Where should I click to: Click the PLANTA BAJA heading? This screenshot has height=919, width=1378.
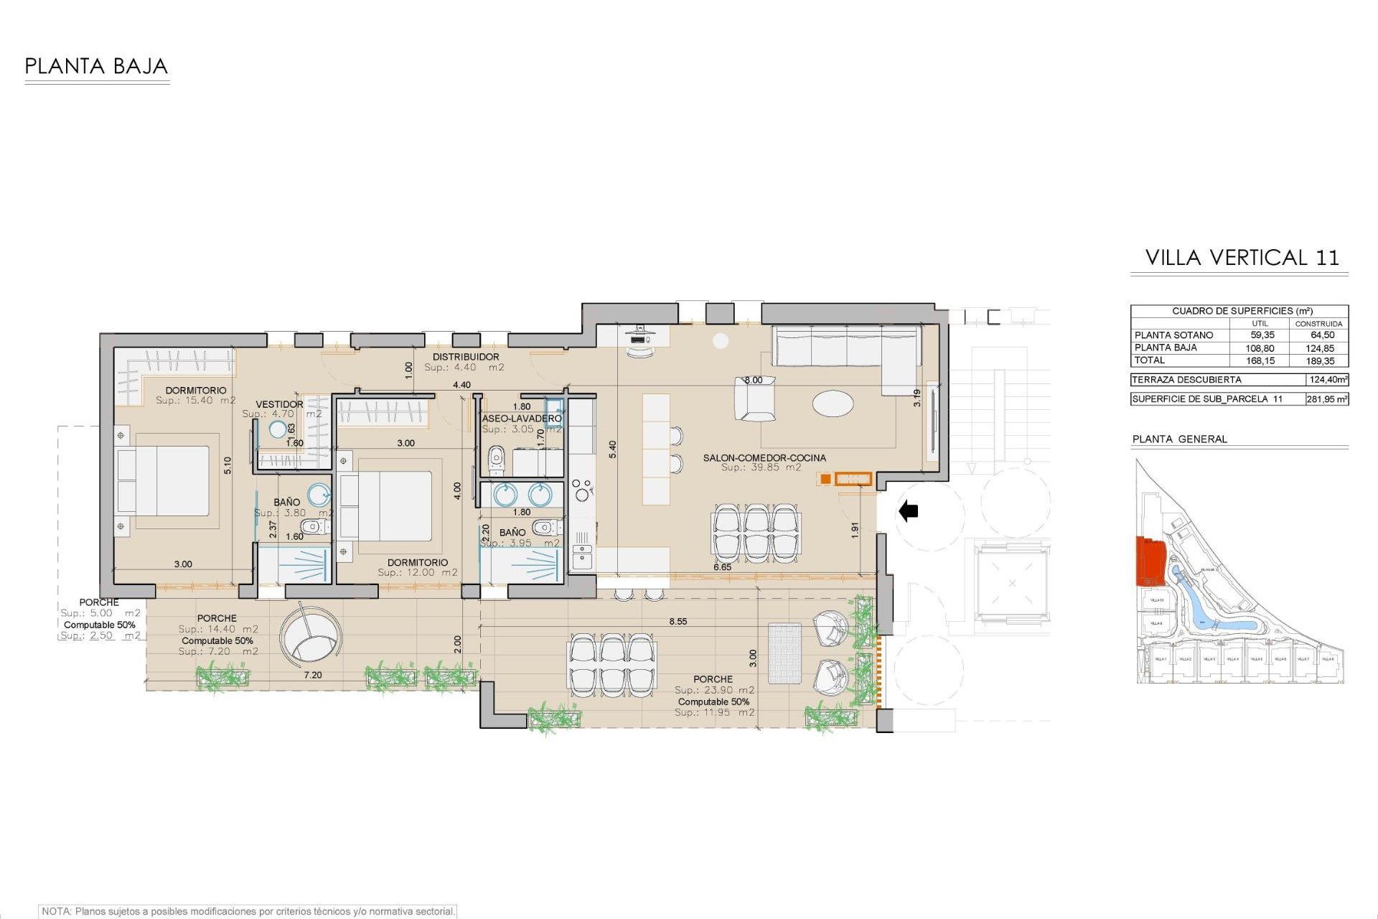(96, 67)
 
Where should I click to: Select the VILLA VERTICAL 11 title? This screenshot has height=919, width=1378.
(1242, 258)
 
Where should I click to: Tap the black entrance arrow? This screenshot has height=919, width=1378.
(909, 511)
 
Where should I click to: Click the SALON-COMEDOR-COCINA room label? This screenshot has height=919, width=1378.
(764, 457)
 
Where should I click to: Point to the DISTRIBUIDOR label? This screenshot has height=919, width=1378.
(466, 357)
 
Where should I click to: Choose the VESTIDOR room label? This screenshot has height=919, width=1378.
(279, 404)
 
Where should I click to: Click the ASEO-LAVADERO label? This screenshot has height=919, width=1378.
(522, 418)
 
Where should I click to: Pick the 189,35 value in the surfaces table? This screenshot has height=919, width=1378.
(1320, 361)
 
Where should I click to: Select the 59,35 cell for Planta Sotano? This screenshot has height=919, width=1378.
(1262, 335)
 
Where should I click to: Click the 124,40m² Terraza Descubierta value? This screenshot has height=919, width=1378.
(1327, 380)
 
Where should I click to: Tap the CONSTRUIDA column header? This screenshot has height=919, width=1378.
(1318, 324)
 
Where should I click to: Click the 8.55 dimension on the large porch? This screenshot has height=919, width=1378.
(678, 621)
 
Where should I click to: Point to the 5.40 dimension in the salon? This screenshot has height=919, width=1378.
(612, 449)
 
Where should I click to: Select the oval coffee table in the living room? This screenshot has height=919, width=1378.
(833, 403)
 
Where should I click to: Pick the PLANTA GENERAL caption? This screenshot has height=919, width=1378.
(1179, 439)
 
